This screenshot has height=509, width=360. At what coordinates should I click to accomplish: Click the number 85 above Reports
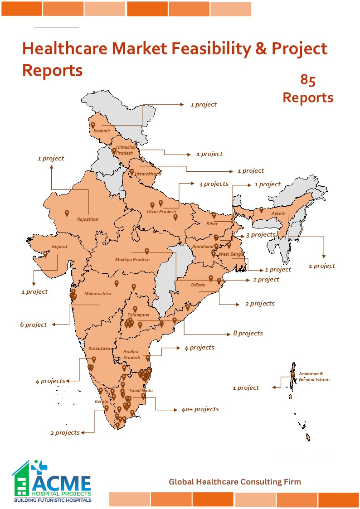308,80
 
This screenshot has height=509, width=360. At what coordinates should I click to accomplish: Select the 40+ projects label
200,409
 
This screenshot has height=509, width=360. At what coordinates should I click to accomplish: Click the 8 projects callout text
248,334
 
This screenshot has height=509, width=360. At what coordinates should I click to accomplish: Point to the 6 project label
33,325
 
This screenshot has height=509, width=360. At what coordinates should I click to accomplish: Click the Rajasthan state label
88,219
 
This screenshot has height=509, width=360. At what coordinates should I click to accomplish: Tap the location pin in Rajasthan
67,213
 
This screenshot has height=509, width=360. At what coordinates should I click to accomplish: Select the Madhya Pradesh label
132,260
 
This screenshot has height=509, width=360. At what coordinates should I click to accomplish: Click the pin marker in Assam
261,209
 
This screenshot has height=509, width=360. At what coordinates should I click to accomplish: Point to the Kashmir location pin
93,125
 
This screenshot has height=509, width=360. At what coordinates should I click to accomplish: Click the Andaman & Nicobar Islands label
314,377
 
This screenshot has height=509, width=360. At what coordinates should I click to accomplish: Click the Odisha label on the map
198,285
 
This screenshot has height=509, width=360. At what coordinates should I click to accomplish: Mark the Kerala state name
102,402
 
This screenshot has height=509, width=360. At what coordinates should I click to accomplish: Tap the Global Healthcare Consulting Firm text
235,482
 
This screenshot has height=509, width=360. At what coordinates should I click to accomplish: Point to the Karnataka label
99,349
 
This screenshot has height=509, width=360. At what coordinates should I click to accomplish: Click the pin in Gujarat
45,255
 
